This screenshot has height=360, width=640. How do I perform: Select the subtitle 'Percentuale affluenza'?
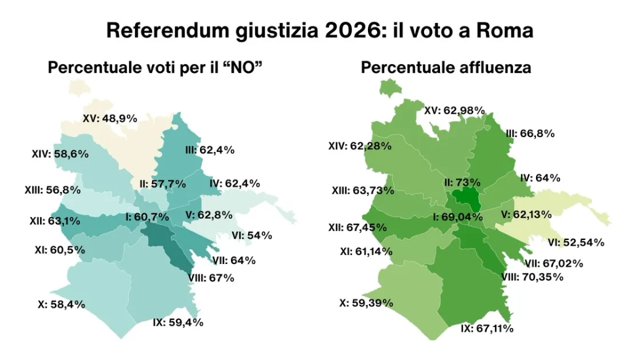446,67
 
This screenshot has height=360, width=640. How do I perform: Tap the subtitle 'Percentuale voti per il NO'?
158,67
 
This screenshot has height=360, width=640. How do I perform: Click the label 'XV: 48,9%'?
110,118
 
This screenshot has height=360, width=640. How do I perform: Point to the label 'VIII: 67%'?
211,278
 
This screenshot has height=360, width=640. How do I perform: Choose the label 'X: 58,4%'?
61,305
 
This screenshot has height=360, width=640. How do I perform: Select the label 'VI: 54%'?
251,235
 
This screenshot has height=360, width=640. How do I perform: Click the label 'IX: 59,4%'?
178,322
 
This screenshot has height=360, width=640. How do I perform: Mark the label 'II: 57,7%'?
162,183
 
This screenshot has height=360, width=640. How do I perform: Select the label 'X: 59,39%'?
366,303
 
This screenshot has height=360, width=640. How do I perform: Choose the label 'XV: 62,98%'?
454,110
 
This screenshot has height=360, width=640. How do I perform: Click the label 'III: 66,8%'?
530,134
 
